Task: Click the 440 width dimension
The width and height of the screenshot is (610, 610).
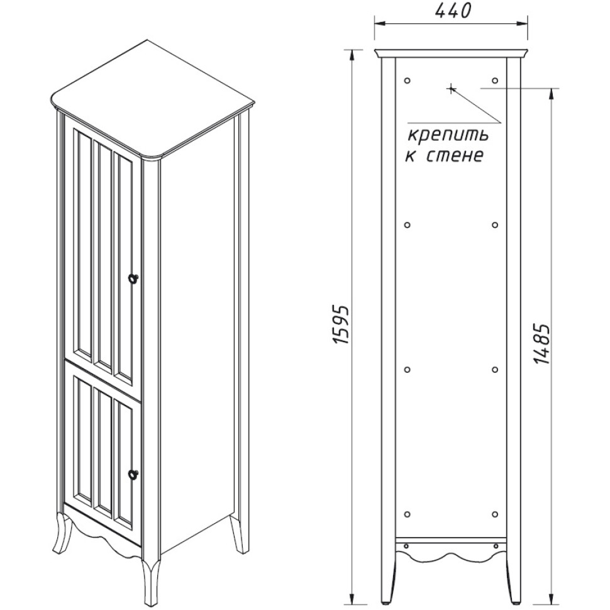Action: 452,11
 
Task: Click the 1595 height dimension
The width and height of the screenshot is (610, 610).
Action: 341,324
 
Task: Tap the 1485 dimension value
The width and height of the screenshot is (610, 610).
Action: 541,343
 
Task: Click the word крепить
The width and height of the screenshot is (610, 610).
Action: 448,136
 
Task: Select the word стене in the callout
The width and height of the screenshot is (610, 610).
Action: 455,156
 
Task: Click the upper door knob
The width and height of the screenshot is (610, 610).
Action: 133,278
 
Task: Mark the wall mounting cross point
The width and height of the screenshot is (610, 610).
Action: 451,89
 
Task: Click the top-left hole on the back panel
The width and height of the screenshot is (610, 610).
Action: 408,80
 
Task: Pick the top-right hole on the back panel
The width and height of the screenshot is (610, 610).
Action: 495,80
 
